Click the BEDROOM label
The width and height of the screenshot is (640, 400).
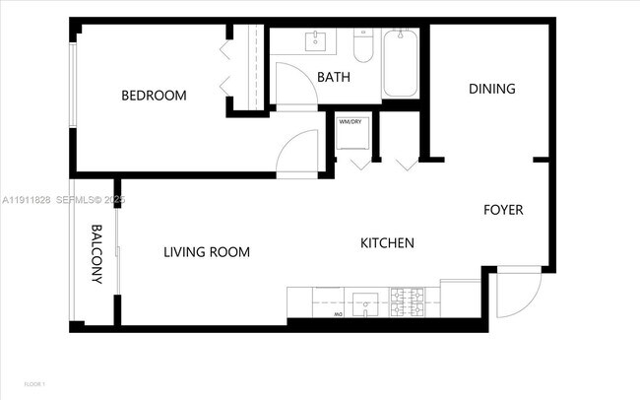[x=154, y=96]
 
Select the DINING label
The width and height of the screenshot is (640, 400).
[x=491, y=89]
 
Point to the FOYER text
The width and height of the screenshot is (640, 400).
[x=502, y=210]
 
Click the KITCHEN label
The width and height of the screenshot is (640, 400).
[x=387, y=243]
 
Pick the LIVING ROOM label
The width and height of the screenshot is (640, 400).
[x=206, y=252]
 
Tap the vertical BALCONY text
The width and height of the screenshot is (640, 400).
[x=97, y=254]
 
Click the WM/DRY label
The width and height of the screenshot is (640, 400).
[x=350, y=122]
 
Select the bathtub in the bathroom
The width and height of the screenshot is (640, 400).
[x=400, y=64]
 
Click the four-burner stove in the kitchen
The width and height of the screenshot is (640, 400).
[x=408, y=301]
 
